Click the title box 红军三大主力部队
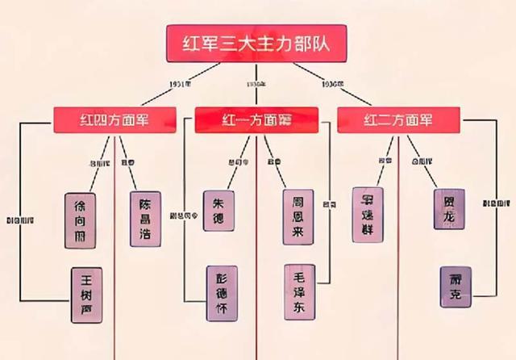pyautogui.click(x=257, y=43)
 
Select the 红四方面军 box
pyautogui.click(x=115, y=121)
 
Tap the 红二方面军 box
pyautogui.click(x=397, y=121)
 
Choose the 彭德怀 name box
pyautogui.click(x=222, y=294)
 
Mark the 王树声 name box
pyautogui.click(x=86, y=295)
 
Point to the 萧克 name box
pyautogui.click(x=456, y=287)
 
